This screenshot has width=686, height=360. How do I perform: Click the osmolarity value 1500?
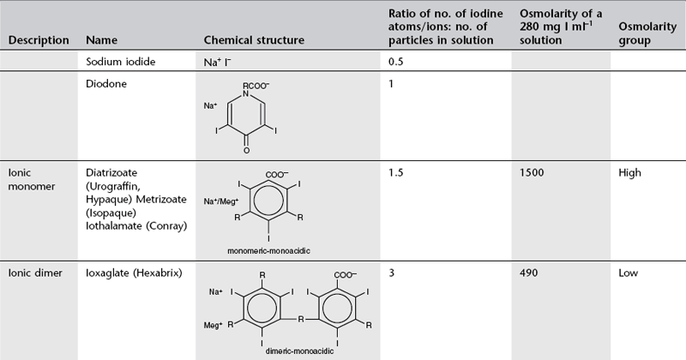click(x=533, y=172)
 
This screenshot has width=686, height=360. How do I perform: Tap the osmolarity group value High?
click(x=630, y=172)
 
